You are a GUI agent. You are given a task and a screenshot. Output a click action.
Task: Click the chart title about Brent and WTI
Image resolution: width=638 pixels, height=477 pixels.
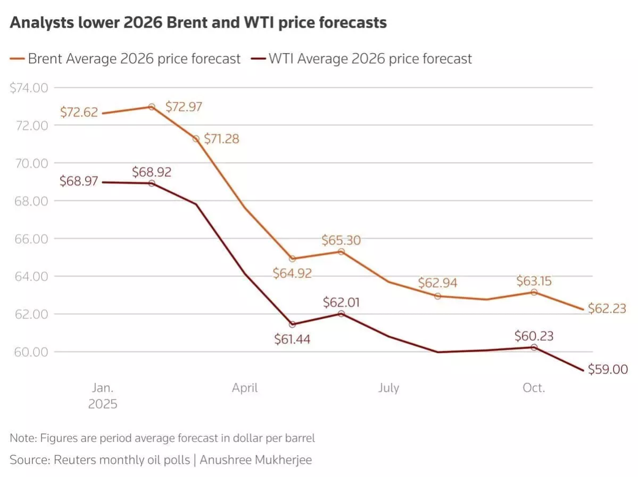198,23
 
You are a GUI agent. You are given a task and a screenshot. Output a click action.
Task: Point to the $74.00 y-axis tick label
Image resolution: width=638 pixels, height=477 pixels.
29,88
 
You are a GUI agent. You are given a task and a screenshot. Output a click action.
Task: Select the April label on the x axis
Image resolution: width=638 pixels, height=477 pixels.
245,388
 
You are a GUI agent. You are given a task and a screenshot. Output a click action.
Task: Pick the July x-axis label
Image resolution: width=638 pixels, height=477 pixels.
389,388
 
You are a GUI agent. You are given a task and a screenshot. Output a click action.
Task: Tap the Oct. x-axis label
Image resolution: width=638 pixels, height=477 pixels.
534,388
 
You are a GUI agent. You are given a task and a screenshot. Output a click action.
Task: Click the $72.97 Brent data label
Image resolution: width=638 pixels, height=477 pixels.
183,107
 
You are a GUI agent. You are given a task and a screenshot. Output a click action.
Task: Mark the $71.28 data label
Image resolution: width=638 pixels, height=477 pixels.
221,139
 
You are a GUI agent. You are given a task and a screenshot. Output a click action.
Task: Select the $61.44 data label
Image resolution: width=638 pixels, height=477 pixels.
292,339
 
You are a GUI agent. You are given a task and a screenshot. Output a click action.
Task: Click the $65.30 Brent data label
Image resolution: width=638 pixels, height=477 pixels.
341,240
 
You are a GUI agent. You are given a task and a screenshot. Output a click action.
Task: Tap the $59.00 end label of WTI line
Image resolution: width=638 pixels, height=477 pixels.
608,370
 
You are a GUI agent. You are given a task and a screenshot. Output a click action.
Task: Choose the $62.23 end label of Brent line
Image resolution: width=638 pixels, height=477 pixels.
607,309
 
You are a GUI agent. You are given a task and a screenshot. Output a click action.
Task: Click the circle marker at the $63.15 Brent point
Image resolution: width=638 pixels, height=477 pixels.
534,293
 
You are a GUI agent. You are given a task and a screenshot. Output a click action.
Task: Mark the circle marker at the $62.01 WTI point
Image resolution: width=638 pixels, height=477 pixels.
341,314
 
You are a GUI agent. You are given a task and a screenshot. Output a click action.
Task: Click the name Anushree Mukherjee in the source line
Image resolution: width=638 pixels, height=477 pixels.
257,460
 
